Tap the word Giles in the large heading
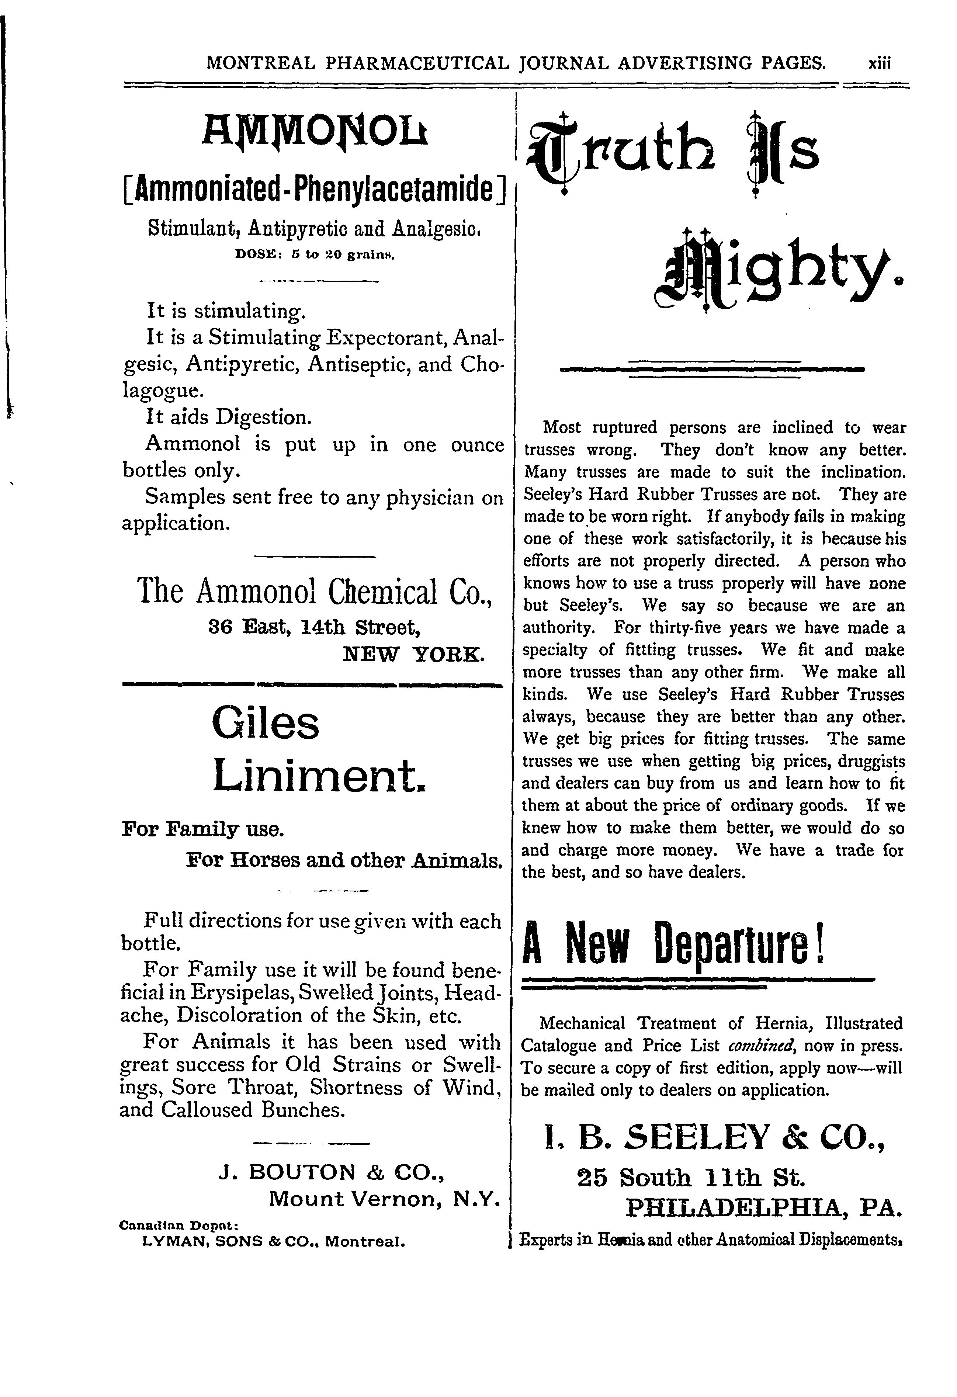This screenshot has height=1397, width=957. pyautogui.click(x=266, y=724)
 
